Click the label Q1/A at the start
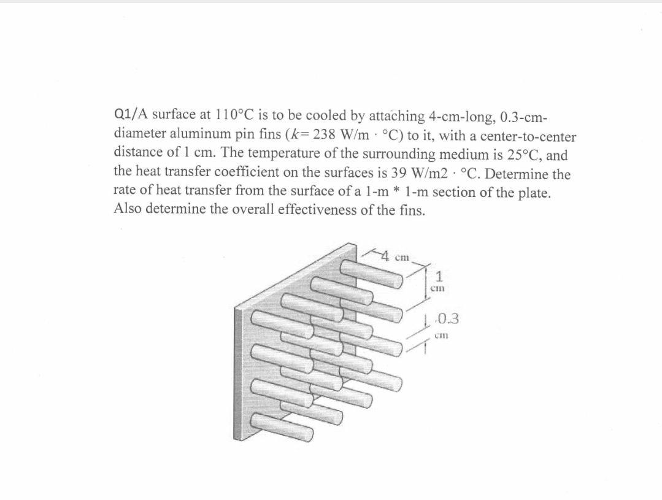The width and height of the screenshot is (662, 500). coord(131,115)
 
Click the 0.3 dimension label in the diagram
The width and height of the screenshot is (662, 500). coord(448,318)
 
